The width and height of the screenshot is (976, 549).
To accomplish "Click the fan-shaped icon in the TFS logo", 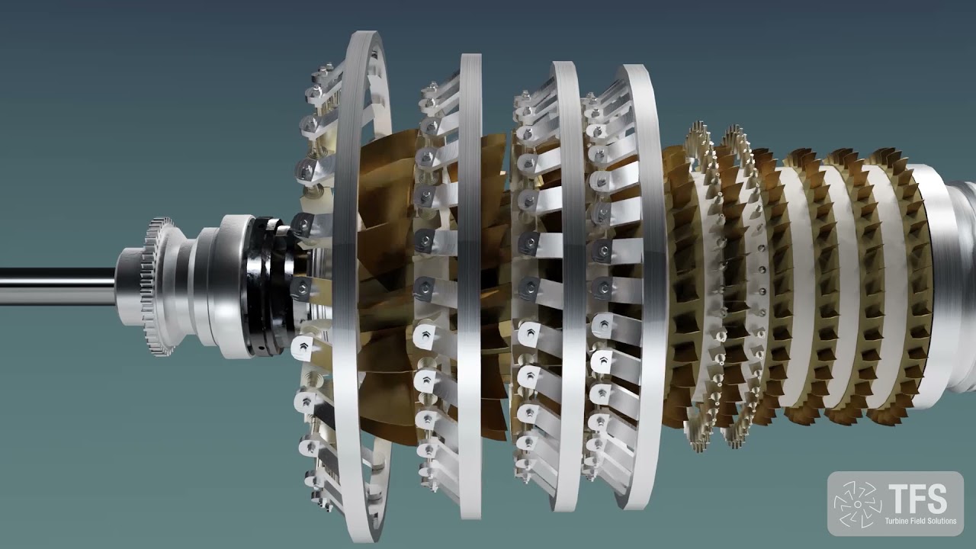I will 856,504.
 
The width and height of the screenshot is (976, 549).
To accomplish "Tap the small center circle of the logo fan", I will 856,504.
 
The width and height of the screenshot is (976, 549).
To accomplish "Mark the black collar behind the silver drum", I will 267,286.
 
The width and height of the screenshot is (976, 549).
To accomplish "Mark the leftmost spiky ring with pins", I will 705,286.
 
